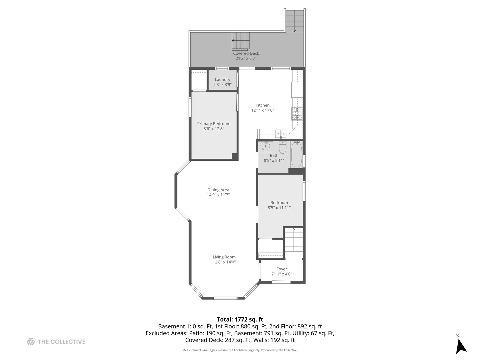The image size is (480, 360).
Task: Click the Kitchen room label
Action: (262, 105)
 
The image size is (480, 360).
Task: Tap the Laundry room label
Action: (222, 80)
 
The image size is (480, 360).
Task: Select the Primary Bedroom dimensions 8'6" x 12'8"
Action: (214, 129)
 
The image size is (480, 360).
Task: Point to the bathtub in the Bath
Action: (297, 154)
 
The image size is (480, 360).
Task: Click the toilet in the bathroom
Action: (283, 148)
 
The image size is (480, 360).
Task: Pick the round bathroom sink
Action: (266, 146)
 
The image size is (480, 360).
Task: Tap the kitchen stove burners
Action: (297, 113)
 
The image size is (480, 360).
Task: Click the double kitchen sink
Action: (281, 134)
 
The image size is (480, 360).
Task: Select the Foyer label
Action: (282, 269)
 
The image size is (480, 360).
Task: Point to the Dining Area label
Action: (218, 190)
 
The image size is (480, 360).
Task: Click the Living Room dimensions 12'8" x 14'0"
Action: (224, 262)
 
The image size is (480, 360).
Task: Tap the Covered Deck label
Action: (246, 53)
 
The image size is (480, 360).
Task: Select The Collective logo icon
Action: (31, 341)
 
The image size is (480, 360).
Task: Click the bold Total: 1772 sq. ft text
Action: (240, 319)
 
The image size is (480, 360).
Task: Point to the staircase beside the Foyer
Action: (293, 243)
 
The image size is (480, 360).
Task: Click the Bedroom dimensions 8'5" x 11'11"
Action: (279, 208)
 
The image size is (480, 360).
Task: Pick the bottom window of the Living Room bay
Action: (225, 298)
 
